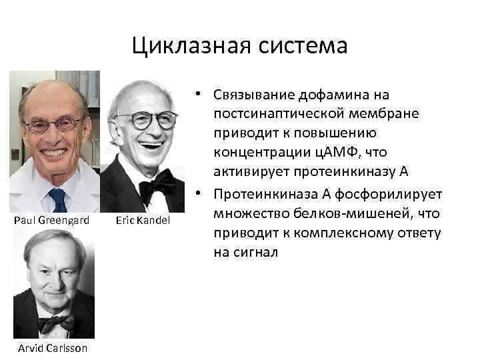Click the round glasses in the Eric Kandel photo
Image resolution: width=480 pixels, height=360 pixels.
click(145, 121)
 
